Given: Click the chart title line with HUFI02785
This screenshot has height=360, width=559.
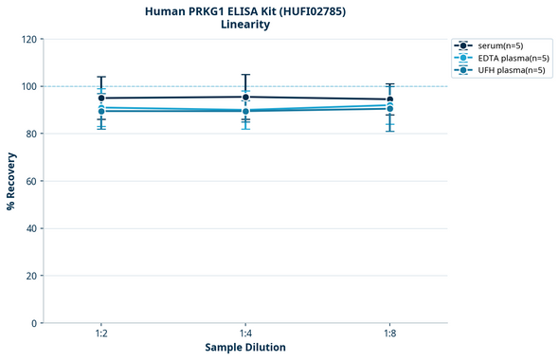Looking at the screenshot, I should tap(245, 10).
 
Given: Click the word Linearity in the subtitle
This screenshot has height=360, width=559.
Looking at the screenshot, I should tap(245, 25).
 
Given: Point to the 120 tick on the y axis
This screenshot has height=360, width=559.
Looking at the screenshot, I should tap(28, 39).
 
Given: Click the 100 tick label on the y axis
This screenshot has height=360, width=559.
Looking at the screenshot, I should tap(28, 86).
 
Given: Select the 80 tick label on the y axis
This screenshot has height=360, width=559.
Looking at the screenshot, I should tap(31, 134).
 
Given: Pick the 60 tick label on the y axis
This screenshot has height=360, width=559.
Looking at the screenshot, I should tap(31, 181).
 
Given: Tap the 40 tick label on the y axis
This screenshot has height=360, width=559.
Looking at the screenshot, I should tap(31, 228).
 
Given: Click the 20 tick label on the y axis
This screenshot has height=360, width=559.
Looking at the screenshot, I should tap(31, 276).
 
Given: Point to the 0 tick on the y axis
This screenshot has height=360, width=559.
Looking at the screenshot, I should tap(34, 323).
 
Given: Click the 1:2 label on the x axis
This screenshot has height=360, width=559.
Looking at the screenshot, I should tap(101, 334).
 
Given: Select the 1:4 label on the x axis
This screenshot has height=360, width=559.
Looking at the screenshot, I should tap(245, 334).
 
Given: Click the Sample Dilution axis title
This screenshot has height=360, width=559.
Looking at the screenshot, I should tap(245, 348).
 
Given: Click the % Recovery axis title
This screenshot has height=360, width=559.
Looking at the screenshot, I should tap(11, 180).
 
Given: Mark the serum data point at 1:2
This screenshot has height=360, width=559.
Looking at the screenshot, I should tap(101, 98).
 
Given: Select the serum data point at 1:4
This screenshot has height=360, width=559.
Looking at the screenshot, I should tap(245, 97).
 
